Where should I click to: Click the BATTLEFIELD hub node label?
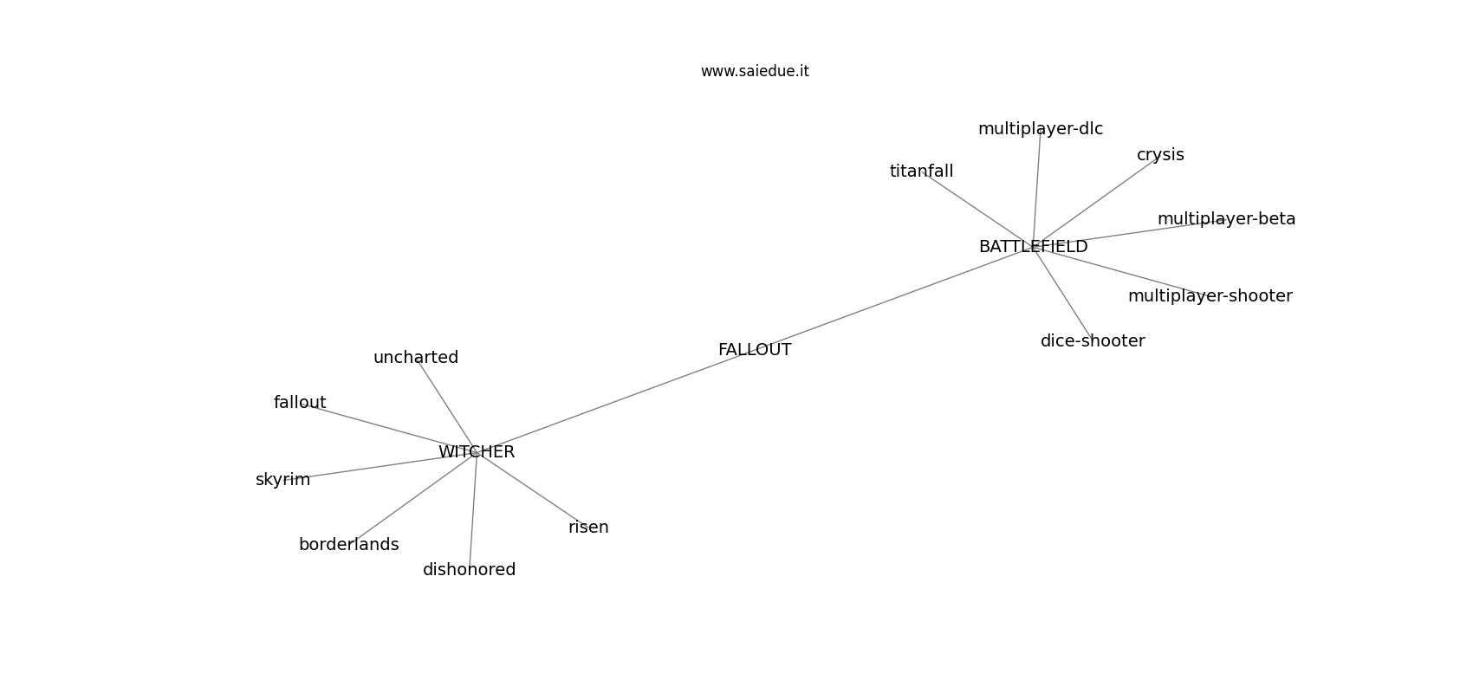[x=1033, y=247]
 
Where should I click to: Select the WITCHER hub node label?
[x=477, y=452]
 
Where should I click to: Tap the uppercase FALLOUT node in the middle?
[x=755, y=350]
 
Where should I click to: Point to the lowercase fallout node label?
[x=300, y=403]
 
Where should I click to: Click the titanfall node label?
[x=921, y=172]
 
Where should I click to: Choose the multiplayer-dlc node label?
[x=1040, y=129]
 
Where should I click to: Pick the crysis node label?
[x=1160, y=155]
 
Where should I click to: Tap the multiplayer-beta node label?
[x=1226, y=219]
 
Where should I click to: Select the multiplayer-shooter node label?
[x=1210, y=296]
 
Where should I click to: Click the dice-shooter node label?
[x=1092, y=341]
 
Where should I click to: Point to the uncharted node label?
[x=416, y=358]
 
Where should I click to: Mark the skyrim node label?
[x=282, y=480]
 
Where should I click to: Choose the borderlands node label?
[x=348, y=545]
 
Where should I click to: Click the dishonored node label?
[x=469, y=570]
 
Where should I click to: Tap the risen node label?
[x=588, y=528]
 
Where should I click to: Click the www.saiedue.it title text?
[x=755, y=71]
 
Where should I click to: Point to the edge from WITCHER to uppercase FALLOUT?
[x=607, y=404]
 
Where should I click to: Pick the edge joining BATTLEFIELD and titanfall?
[x=979, y=210]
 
